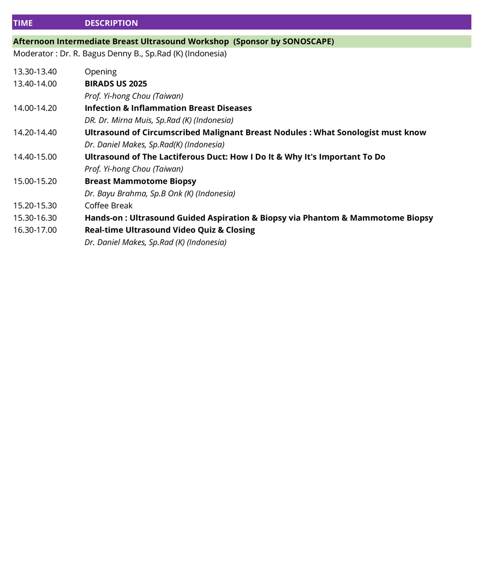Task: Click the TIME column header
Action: coord(23,23)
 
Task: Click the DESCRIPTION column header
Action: coord(111,23)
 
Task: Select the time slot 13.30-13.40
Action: coord(35,72)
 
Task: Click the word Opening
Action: coord(100,72)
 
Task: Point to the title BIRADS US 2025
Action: coord(116,84)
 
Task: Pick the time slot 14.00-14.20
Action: coord(35,108)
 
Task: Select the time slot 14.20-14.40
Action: coord(35,132)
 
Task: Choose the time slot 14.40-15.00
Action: coord(35,157)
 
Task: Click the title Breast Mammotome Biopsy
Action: coord(140,181)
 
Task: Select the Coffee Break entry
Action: coord(108,206)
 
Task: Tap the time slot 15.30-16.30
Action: coord(35,218)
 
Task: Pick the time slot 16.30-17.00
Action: coord(35,230)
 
